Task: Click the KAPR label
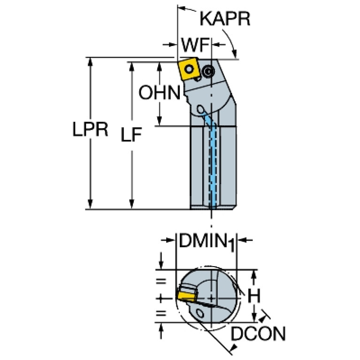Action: [225, 19]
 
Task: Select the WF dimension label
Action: [195, 45]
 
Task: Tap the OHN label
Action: [160, 92]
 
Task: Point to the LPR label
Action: [90, 129]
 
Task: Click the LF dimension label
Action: [131, 134]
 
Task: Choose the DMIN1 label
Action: [207, 242]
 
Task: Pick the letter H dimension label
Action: [254, 296]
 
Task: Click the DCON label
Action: [258, 333]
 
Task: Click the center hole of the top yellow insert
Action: [189, 69]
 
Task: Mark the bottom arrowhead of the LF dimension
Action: [131, 204]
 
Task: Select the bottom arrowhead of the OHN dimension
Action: [159, 121]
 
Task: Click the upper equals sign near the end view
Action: [161, 281]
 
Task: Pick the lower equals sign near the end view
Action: [161, 313]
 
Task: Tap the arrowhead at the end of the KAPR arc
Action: [234, 54]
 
